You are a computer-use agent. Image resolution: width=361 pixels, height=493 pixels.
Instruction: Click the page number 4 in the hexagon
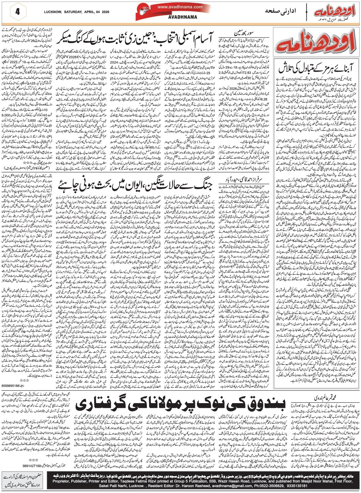(x=18, y=12)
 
